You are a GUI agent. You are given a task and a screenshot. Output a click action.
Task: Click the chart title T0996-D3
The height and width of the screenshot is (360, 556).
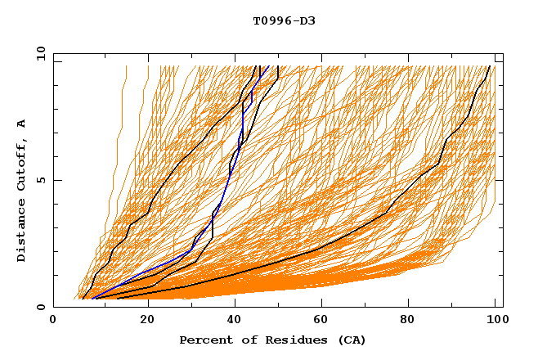[284, 20]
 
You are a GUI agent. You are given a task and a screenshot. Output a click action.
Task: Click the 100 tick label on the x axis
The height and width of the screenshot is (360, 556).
[495, 321]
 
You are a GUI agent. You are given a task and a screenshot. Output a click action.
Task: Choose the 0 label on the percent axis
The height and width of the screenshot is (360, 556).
[54, 321]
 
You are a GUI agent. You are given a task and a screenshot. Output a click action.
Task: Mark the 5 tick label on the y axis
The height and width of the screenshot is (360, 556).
[40, 180]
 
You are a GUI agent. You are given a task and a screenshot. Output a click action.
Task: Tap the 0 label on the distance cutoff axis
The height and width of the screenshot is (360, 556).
[40, 307]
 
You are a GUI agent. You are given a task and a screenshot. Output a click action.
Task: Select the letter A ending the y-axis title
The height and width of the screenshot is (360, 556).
[21, 124]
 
